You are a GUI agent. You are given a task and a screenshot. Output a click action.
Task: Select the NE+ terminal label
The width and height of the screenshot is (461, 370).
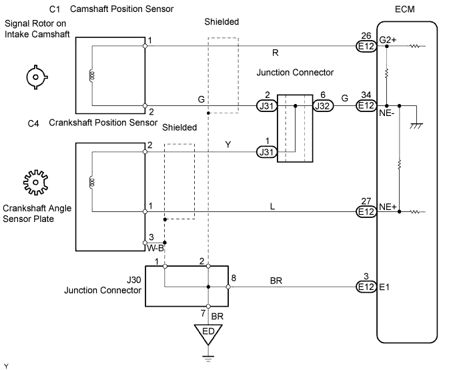pyautogui.click(x=388, y=207)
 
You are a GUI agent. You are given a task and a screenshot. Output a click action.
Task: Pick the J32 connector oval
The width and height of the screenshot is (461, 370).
pyautogui.click(x=324, y=105)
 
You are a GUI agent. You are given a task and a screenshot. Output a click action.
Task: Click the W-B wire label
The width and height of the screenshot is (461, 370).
pyautogui.click(x=155, y=249)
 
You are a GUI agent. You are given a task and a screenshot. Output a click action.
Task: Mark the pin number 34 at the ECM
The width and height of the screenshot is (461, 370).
pyautogui.click(x=364, y=95)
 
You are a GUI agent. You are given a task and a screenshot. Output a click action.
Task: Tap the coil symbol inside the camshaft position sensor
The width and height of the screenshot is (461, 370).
pyautogui.click(x=91, y=75)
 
